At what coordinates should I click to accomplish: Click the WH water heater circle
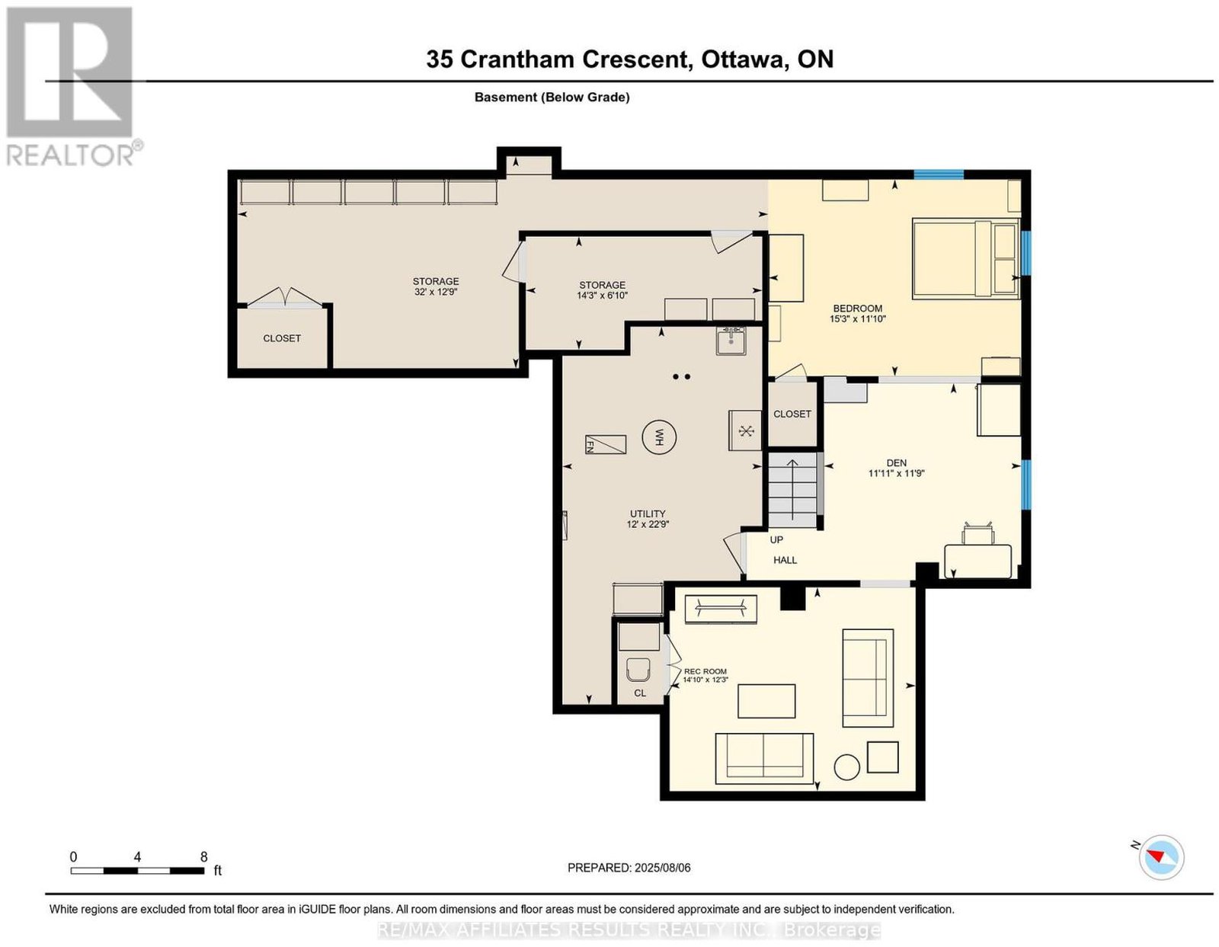point(659,437)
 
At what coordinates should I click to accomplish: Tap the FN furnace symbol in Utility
point(605,445)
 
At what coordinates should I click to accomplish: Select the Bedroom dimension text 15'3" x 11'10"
point(857,319)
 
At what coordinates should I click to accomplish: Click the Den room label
point(897,462)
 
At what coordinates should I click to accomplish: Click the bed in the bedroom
point(965,258)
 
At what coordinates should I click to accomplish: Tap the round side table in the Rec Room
point(846,767)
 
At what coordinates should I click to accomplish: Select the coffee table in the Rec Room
point(766,701)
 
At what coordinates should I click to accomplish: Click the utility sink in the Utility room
point(731,341)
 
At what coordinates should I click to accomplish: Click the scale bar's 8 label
point(203,857)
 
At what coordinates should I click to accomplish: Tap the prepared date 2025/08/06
point(662,867)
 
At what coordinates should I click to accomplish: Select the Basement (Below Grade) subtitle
point(552,97)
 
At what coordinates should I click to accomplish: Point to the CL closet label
point(640,693)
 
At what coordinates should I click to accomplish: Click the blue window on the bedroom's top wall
point(939,174)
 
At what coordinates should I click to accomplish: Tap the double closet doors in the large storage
point(285,298)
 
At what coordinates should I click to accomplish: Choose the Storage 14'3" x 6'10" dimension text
point(603,296)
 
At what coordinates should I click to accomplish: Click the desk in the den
point(978,561)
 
